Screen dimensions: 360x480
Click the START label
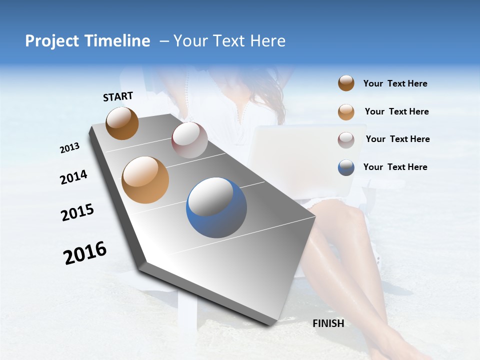point(118,96)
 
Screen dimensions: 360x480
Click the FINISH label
point(328,323)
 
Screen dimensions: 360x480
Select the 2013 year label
point(69,148)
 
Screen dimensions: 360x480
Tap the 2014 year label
point(73,177)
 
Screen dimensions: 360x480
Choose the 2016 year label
point(85,253)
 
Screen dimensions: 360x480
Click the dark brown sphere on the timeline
point(122,123)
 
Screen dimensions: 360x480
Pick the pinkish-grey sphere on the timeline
point(189,140)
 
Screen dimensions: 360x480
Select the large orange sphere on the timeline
point(145,180)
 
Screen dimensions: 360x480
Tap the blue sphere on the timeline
point(216,207)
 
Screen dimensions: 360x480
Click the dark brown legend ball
point(346,83)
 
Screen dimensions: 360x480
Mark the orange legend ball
point(346,112)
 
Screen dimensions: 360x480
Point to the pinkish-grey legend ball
point(346,139)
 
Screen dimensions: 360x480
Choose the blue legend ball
point(346,167)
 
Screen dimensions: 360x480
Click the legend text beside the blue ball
point(395,167)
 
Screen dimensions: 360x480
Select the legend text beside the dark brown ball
point(395,83)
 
